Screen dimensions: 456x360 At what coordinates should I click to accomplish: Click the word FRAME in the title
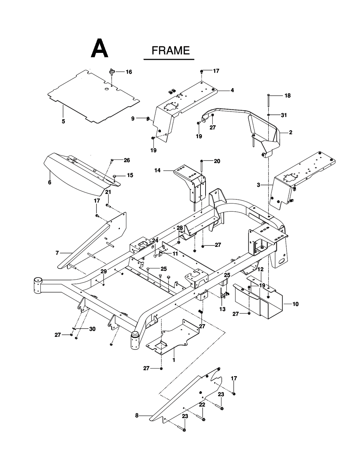coord(170,50)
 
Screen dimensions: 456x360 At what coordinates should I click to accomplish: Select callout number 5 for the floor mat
coord(63,121)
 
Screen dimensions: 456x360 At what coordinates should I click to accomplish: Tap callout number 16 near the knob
coord(129,72)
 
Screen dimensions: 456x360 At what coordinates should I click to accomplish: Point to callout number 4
coord(232,90)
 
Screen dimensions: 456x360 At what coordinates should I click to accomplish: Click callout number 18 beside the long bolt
coord(287,96)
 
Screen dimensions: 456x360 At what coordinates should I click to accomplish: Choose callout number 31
coord(284,115)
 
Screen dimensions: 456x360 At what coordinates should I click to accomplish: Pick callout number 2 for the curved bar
coord(291,132)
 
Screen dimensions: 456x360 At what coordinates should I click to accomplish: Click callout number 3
coord(258,185)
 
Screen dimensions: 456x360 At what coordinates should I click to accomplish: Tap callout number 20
coord(217,162)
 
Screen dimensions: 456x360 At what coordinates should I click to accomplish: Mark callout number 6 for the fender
coord(49,182)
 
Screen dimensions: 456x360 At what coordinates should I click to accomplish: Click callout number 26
coord(127,161)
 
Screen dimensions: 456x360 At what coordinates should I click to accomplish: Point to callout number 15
coord(130,175)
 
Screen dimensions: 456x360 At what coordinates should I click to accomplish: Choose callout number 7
coord(57,253)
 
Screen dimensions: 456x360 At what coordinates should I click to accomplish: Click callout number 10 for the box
coord(295,304)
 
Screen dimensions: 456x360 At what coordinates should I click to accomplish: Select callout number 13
coord(222,309)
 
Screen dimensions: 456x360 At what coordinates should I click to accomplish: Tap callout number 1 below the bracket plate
coord(174,360)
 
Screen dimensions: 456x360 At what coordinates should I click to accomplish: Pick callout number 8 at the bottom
coord(137,416)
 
